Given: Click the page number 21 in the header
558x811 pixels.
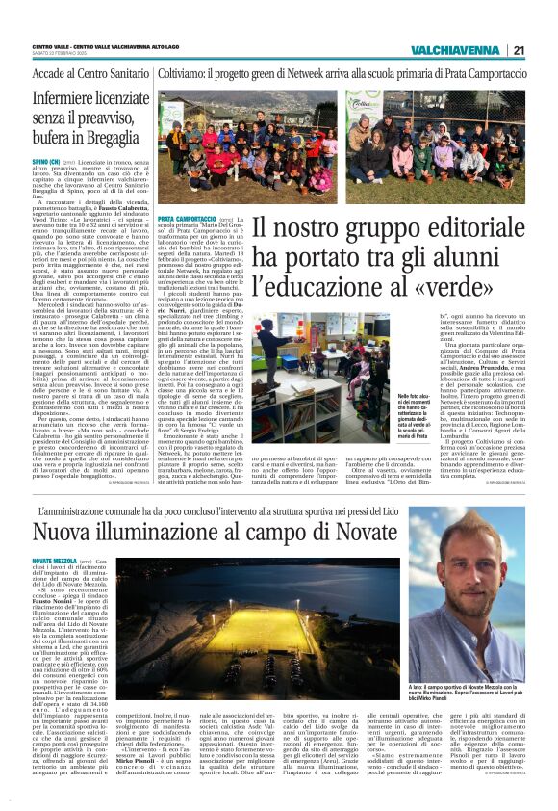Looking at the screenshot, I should click(517, 50).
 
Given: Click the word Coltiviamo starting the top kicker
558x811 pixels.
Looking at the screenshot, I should click(184, 73).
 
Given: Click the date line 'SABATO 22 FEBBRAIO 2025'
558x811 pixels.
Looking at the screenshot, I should click(67, 53).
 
